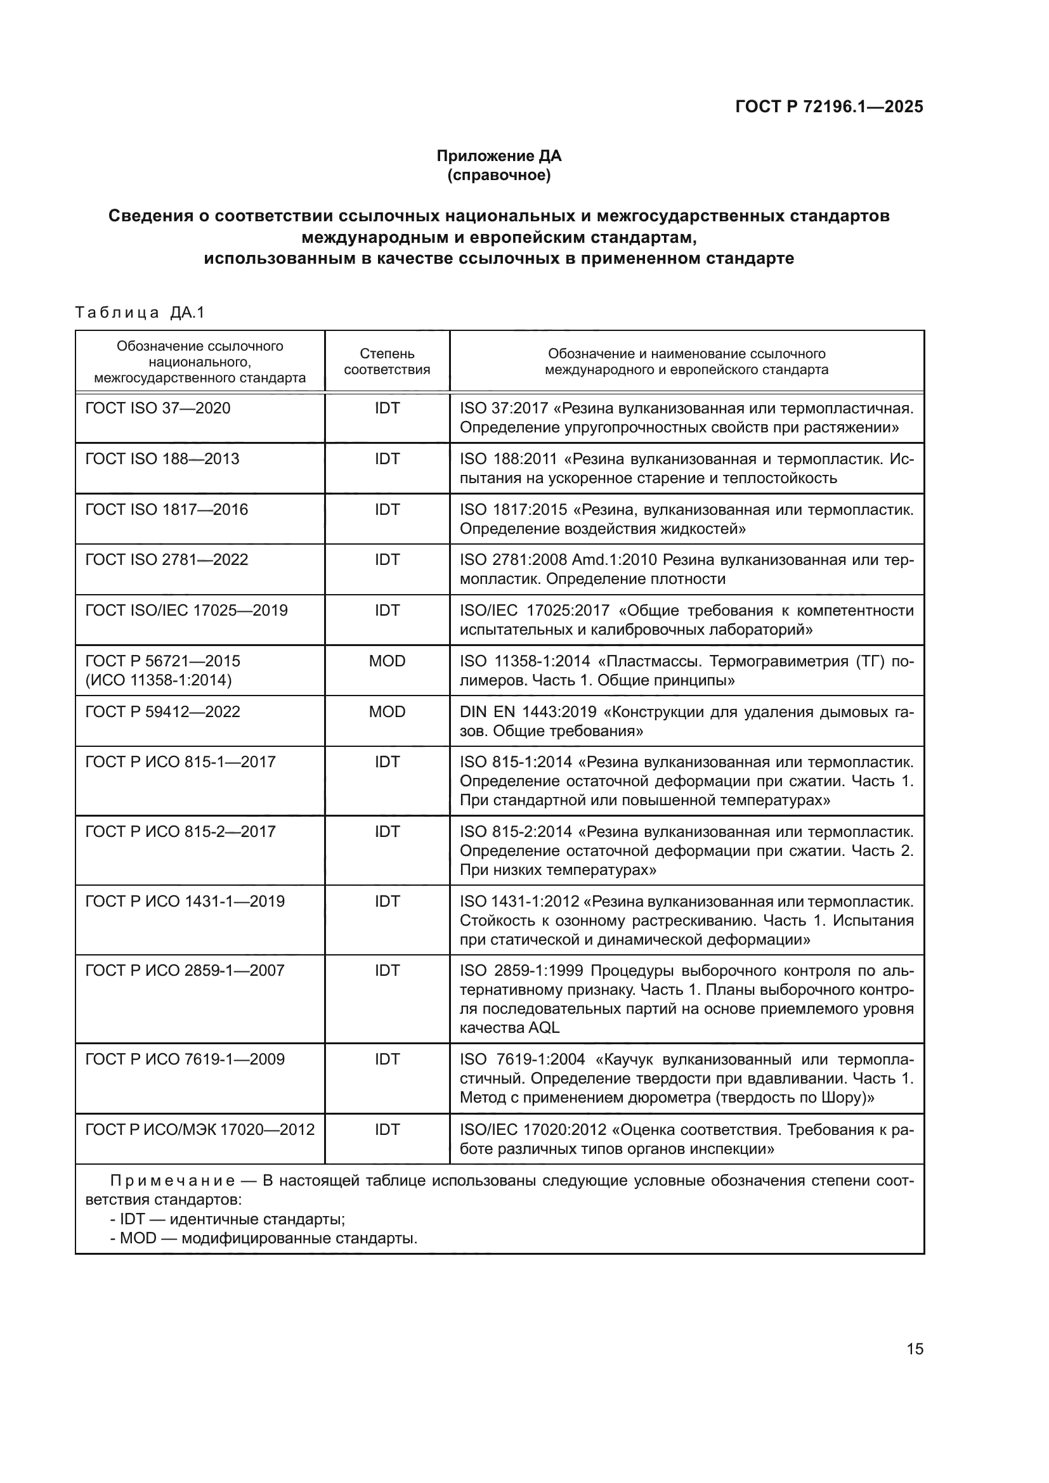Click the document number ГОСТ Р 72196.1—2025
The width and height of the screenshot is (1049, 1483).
(x=829, y=107)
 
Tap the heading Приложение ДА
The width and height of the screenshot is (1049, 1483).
(x=498, y=156)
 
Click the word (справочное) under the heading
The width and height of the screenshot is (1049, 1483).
(x=498, y=175)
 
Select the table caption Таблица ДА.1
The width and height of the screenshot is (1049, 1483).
(x=140, y=313)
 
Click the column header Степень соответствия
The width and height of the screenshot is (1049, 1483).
(x=387, y=361)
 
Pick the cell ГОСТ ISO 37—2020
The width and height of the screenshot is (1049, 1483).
(x=158, y=408)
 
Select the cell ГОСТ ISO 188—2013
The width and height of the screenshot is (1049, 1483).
(x=162, y=459)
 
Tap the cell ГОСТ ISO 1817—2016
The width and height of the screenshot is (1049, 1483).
(x=167, y=510)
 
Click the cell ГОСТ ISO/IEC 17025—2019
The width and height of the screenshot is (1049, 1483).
(x=186, y=611)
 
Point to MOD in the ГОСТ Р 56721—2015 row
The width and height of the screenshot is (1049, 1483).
(x=387, y=661)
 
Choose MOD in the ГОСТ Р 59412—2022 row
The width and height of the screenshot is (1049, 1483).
(x=387, y=712)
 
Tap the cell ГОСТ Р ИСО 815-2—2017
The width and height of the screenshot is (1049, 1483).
(x=180, y=832)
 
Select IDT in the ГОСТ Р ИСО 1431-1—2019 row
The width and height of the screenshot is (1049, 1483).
(x=387, y=902)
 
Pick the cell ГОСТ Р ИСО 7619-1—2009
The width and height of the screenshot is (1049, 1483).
(x=185, y=1059)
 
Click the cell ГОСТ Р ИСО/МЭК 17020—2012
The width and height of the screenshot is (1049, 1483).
(x=200, y=1130)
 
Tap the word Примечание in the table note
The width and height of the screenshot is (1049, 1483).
(x=173, y=1181)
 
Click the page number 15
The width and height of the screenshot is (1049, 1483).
(x=915, y=1349)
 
